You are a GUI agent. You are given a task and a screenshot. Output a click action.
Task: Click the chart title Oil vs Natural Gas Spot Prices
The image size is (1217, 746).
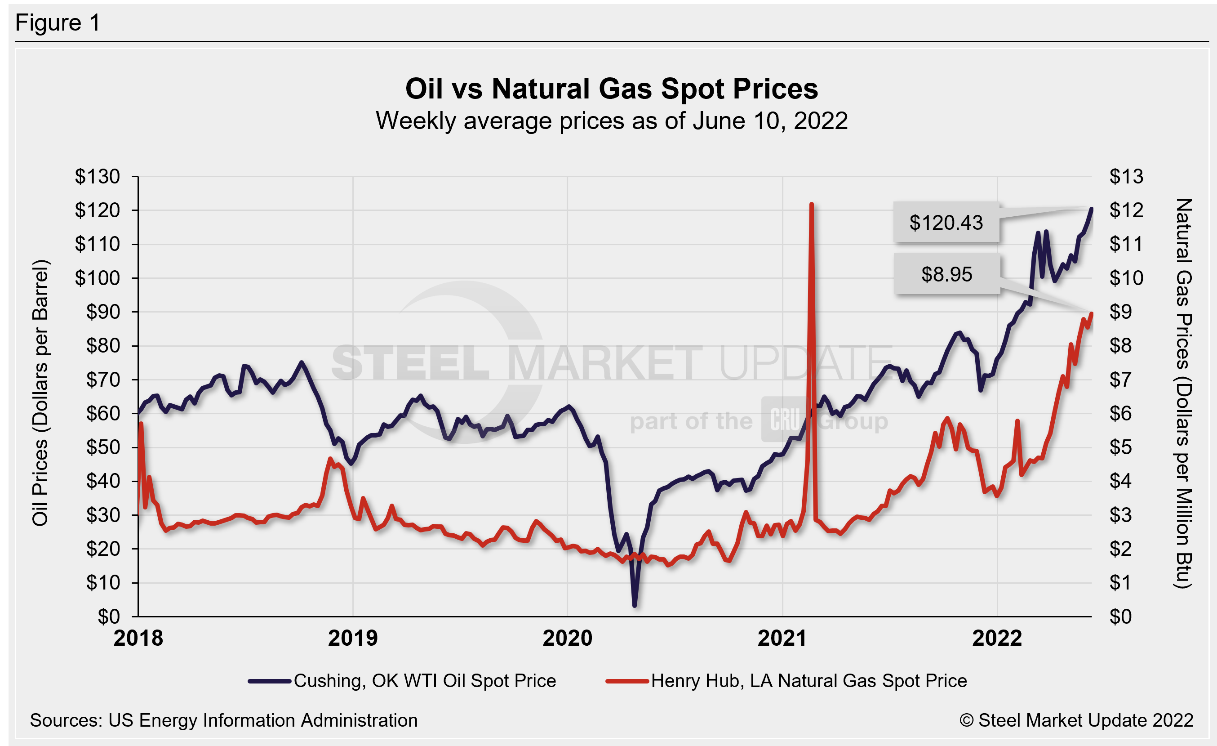tap(612, 89)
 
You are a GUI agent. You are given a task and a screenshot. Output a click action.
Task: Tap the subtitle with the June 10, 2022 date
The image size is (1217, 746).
tap(612, 121)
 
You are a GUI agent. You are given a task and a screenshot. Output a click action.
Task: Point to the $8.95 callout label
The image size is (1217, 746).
tap(946, 274)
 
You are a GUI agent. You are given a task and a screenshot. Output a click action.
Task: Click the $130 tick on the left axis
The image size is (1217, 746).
tap(98, 176)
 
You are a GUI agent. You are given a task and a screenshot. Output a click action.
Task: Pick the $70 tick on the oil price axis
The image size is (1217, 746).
tap(103, 380)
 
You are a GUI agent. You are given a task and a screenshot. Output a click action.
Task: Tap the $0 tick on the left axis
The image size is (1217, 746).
tap(109, 616)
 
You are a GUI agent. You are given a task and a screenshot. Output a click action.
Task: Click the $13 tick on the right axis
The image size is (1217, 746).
tap(1126, 176)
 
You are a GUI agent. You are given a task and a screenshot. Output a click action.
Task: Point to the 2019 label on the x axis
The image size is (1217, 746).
tap(353, 638)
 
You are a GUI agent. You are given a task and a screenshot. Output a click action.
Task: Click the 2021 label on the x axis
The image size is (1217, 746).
tap(782, 638)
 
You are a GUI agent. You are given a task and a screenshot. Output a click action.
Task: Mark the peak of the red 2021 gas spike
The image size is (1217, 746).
tap(811, 205)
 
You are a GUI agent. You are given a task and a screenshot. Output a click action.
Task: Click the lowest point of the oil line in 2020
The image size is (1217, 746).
tap(634, 605)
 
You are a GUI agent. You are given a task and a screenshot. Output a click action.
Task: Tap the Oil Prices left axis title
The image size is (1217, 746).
tap(40, 393)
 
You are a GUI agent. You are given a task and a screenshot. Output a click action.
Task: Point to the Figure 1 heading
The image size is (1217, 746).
tap(58, 23)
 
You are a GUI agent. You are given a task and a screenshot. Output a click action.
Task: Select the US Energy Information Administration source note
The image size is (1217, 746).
tap(224, 720)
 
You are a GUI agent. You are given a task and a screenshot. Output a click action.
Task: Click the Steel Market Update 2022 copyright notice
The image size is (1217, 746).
tap(1076, 720)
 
